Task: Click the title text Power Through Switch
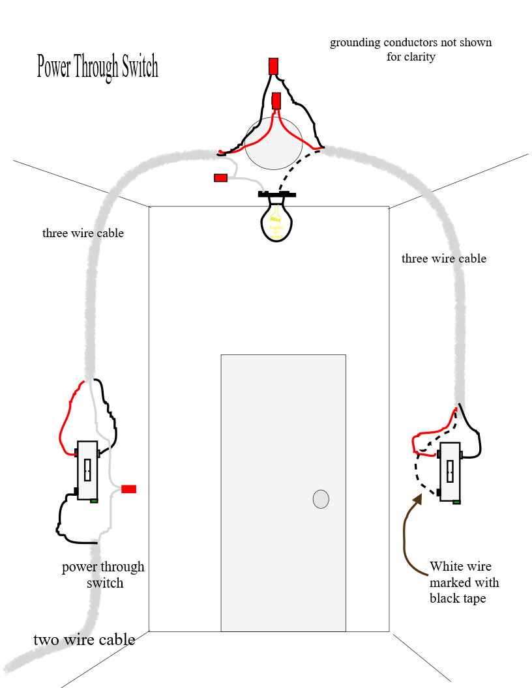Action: tap(97, 67)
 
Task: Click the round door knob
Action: tap(321, 499)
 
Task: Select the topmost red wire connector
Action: tap(273, 66)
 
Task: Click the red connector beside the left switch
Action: tap(128, 489)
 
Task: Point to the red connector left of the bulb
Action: tap(220, 177)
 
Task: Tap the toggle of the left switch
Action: tap(87, 469)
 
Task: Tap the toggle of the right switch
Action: tap(450, 469)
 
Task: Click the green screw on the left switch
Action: tap(95, 500)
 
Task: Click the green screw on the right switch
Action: tap(456, 502)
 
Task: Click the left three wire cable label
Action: tap(83, 233)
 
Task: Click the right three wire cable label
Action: tap(443, 259)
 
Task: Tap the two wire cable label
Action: tap(84, 639)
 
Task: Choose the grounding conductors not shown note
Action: tap(411, 50)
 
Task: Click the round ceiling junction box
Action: tap(274, 142)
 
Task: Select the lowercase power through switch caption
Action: tap(103, 575)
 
